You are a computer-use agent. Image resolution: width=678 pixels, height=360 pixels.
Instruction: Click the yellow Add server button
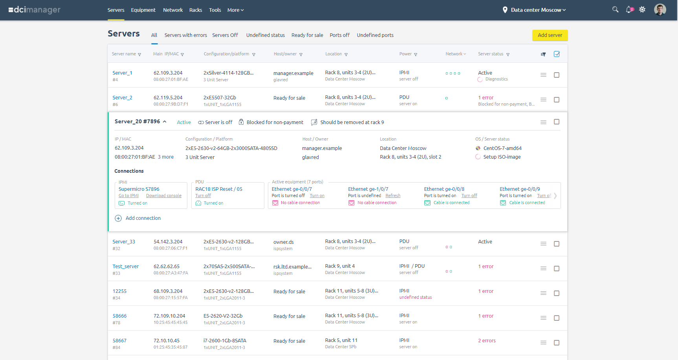click(550, 35)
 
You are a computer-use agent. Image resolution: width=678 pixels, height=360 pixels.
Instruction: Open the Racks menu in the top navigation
click(196, 10)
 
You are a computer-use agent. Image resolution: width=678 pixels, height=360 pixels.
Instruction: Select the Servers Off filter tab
click(225, 35)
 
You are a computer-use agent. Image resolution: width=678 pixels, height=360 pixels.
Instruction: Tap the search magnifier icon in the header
click(615, 9)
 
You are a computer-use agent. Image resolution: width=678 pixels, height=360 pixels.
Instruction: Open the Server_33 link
click(124, 242)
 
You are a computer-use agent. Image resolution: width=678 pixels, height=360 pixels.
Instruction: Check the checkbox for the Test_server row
click(557, 269)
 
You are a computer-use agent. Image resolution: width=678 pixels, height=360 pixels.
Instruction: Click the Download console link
click(164, 196)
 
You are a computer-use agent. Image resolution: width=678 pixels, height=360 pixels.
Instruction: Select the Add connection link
click(143, 218)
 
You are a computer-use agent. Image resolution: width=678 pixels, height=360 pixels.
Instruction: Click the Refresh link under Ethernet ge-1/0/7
click(393, 196)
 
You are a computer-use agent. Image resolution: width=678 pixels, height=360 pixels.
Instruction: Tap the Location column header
click(334, 54)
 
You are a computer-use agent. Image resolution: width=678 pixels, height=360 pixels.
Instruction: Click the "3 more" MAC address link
click(166, 157)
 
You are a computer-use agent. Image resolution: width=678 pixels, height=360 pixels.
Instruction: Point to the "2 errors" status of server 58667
click(487, 341)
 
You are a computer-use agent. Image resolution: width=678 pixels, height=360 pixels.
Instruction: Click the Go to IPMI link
click(128, 196)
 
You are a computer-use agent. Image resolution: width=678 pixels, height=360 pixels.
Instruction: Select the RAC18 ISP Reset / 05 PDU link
click(219, 189)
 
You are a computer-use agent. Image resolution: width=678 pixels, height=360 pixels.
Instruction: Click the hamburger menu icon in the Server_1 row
click(543, 75)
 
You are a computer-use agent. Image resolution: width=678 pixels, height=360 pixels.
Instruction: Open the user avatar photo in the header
click(660, 10)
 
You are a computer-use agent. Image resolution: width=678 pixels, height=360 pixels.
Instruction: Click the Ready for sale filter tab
click(307, 35)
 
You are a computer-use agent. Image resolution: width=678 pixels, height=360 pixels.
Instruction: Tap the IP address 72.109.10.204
click(169, 316)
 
